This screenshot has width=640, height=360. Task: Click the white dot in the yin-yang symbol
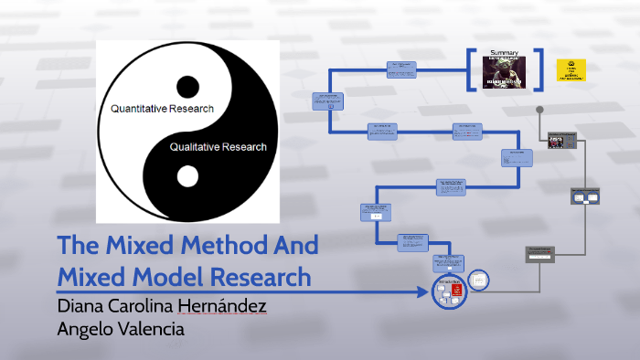coord(187,175)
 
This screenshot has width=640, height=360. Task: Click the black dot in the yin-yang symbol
coord(187,88)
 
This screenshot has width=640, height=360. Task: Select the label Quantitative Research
coord(162,109)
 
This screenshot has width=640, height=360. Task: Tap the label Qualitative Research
coord(219,146)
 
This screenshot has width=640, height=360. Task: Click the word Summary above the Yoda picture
coord(505,52)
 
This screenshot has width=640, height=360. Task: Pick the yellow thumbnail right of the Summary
coord(571,70)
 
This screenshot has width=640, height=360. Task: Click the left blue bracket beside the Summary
coord(472,69)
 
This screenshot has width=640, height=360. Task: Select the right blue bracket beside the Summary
coord(539,69)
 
